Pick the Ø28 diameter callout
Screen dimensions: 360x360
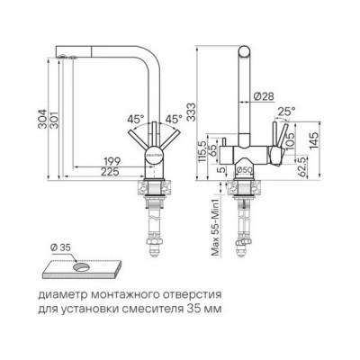[x=264, y=95]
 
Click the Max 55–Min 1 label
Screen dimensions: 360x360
[x=211, y=224]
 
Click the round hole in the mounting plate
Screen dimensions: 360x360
[x=81, y=267]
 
